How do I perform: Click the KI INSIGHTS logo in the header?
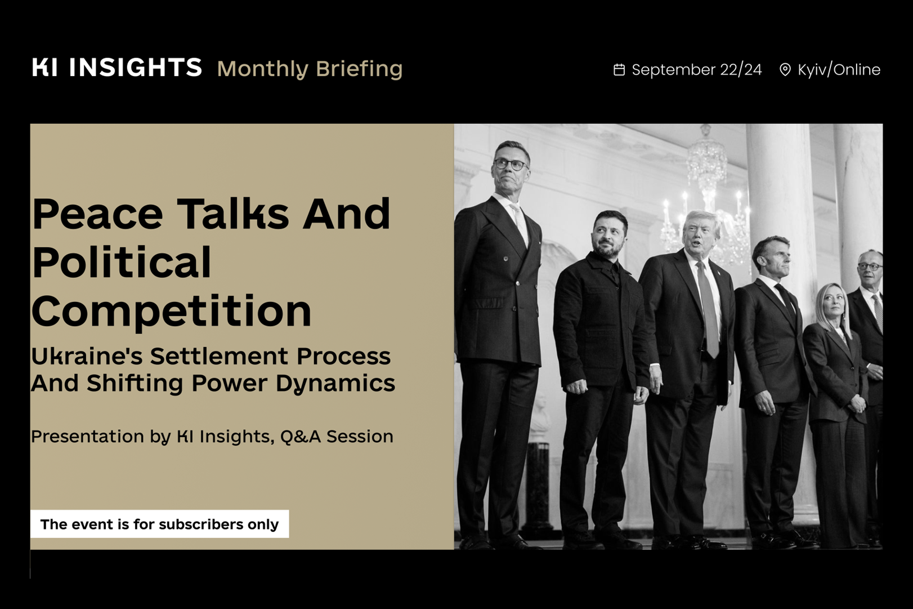coord(117,67)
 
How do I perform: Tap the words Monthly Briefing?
coord(310,69)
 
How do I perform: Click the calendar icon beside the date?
coord(619,70)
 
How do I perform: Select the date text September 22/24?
coord(696,70)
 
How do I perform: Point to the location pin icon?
coord(785,70)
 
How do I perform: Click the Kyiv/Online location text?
coord(839,70)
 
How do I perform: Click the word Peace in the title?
coord(97,214)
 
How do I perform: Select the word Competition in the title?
coord(171,313)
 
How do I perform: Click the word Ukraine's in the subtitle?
coord(87,357)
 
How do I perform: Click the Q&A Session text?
coord(337,437)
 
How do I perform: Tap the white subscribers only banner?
coord(159,524)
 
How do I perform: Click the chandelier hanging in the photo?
coord(706,196)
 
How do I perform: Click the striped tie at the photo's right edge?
coord(878,312)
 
